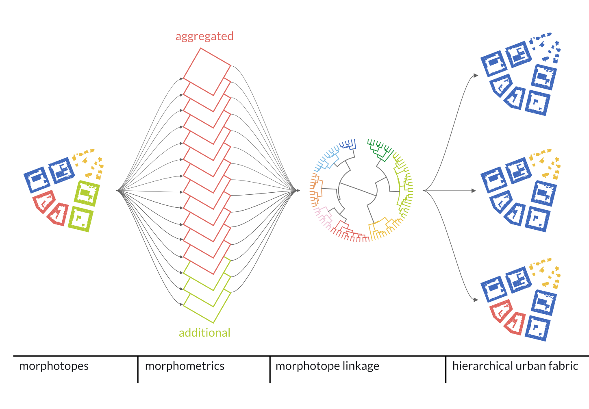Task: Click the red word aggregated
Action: click(204, 36)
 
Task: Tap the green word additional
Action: click(204, 333)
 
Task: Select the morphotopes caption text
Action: click(54, 366)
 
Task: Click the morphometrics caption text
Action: click(185, 366)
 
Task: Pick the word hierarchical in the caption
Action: click(480, 366)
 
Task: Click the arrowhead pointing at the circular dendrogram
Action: click(298, 190)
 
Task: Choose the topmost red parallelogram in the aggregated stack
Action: click(207, 71)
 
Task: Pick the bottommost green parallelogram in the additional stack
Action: click(207, 307)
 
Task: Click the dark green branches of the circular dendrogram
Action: click(379, 148)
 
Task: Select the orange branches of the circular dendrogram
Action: click(316, 189)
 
